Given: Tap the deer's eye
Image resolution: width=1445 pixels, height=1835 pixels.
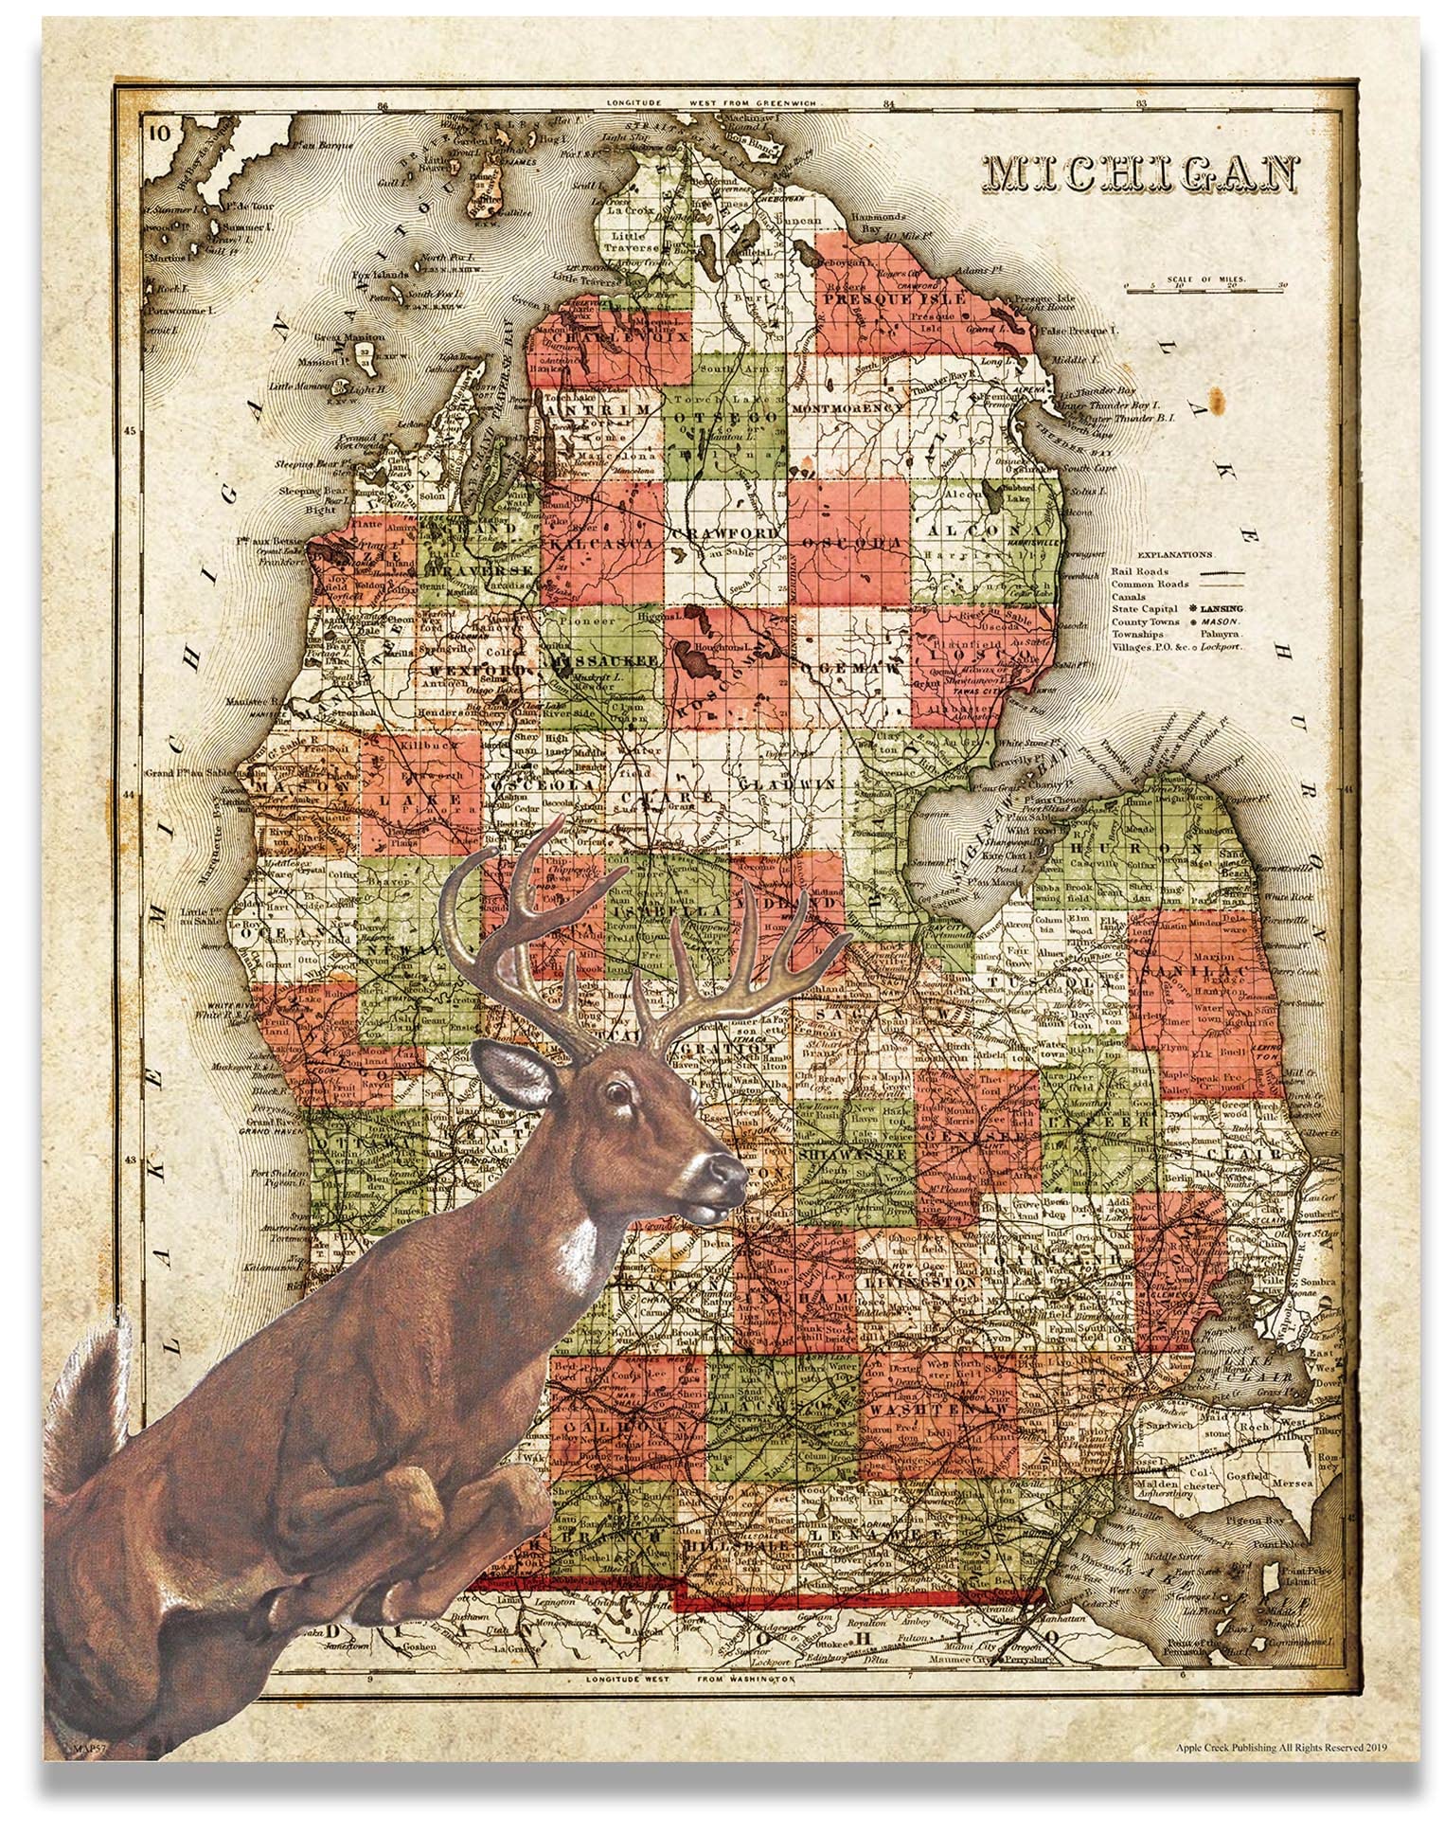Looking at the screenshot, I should tap(618, 1091).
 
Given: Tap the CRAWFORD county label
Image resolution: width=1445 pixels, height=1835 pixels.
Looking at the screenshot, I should tap(726, 533).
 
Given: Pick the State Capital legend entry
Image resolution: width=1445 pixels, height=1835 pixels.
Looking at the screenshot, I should tap(1177, 609).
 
